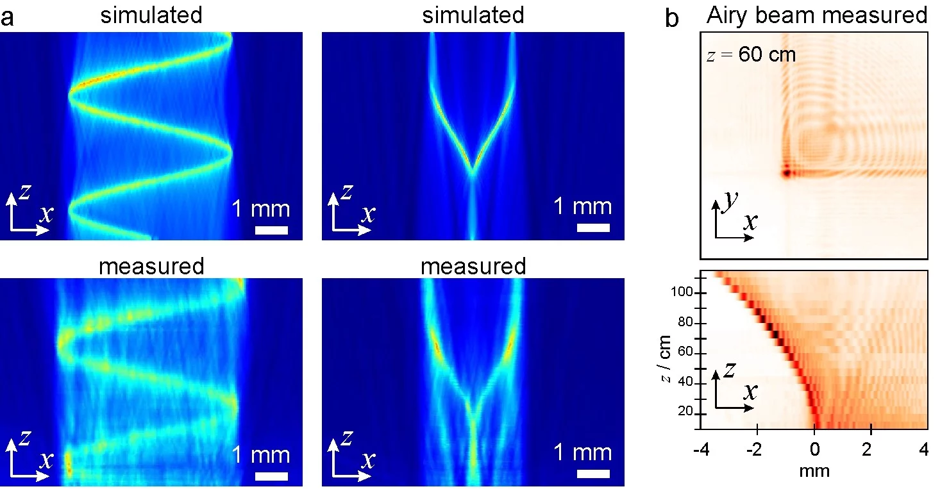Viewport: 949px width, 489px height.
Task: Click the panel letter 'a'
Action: tap(8, 17)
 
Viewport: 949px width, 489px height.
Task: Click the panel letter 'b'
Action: tap(672, 17)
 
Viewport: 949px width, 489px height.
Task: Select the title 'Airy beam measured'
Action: tap(817, 15)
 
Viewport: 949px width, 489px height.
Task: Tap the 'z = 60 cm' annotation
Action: tap(750, 54)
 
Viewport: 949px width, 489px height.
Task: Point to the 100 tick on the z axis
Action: tap(687, 294)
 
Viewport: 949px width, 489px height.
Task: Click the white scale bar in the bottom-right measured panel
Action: tap(593, 475)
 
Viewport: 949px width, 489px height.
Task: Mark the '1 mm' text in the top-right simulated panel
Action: tap(583, 206)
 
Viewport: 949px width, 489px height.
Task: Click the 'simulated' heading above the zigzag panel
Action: tap(151, 15)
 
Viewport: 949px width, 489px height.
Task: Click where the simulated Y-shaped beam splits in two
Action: tap(473, 172)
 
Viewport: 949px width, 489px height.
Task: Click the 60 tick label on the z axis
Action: tap(687, 353)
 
